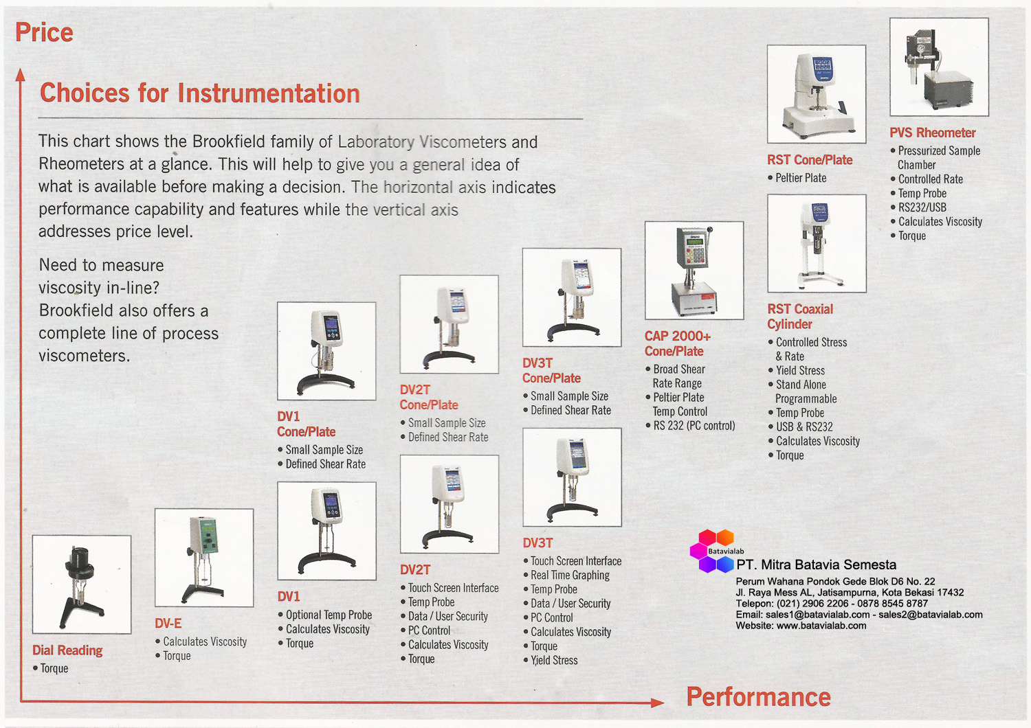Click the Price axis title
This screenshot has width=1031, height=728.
pos(44,32)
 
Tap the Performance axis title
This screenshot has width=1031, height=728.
pos(758,697)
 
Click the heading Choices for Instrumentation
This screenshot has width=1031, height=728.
pos(199,93)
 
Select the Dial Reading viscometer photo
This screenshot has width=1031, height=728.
pos(82,584)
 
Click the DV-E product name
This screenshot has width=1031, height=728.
pos(168,624)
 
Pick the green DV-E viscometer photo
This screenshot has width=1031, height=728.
pos(204,558)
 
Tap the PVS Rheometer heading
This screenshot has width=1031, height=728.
pos(932,133)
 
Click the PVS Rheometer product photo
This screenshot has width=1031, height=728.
pos(939,67)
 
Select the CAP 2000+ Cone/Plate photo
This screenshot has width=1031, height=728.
pos(694,271)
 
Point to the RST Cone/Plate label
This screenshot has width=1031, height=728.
pos(810,160)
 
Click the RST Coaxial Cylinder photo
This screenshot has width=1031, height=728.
pos(817,244)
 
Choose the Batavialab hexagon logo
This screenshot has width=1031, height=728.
pos(712,551)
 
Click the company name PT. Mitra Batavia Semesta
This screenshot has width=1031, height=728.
pos(816,565)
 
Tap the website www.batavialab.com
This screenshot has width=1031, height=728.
pos(821,626)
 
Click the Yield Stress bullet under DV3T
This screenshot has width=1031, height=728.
pos(554,661)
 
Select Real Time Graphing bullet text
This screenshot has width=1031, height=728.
pos(570,576)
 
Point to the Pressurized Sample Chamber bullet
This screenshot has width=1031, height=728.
pos(939,157)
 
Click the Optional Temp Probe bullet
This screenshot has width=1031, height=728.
pos(329,615)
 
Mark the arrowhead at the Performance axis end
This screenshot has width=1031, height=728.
pos(658,702)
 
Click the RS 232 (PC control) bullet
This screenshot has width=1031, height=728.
pos(694,426)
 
